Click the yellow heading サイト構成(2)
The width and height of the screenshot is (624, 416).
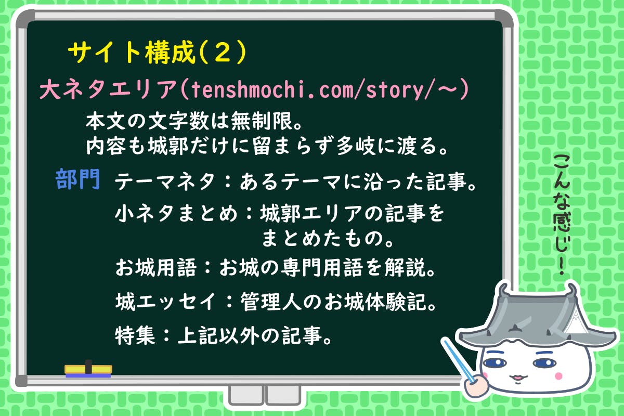point(158,53)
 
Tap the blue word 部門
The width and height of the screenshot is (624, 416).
point(77,179)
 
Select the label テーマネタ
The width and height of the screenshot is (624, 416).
point(164,181)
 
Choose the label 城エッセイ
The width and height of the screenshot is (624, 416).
point(166,302)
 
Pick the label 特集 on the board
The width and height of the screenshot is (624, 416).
point(135,335)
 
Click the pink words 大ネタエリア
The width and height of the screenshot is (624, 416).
point(109,89)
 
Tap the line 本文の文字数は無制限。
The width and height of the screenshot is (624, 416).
point(194,121)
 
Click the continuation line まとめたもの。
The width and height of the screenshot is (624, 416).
point(328,239)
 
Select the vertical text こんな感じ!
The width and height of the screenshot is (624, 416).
point(562,214)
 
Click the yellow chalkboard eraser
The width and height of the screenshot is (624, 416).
point(88,369)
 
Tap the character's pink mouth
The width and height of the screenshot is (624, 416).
point(517,378)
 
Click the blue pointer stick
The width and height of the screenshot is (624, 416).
point(459,361)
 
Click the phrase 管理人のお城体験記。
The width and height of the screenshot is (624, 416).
point(339,302)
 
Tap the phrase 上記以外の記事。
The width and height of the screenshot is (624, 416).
point(255,335)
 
